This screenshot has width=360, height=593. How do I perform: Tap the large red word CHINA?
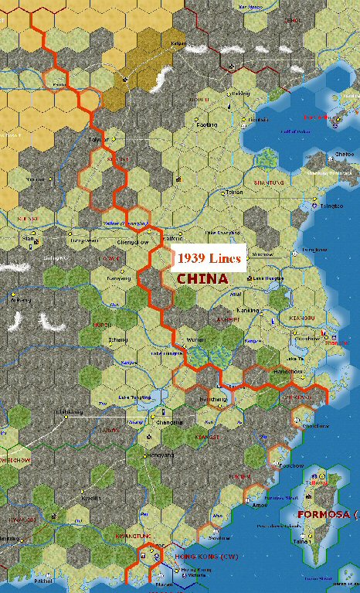202,278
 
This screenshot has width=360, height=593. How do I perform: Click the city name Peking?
242,94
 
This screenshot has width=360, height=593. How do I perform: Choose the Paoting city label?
207,124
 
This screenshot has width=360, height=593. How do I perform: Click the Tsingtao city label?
333,207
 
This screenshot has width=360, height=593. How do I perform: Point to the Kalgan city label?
178,43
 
